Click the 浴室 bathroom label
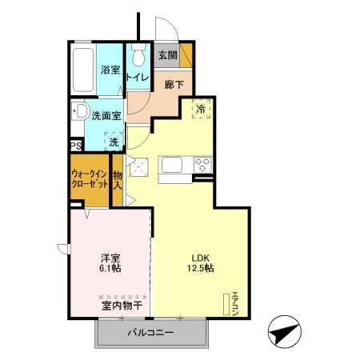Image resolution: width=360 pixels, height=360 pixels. pyautogui.click(x=110, y=70)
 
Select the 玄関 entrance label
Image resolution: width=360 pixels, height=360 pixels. pyautogui.click(x=166, y=55)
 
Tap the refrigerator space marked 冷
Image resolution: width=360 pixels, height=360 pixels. pyautogui.click(x=200, y=110)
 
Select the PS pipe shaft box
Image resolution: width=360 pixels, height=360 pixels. pyautogui.click(x=76, y=146)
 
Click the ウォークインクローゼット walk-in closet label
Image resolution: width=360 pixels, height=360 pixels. pyautogui.click(x=90, y=178)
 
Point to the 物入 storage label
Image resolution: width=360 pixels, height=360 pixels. pyautogui.click(x=118, y=179)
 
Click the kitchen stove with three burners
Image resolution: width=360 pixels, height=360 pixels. pyautogui.click(x=202, y=166)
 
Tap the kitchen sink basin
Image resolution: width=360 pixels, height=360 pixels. pyautogui.click(x=174, y=166)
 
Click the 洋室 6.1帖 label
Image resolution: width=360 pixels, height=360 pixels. pyautogui.click(x=110, y=262)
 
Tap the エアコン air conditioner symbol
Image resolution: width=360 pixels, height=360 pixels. pyautogui.click(x=226, y=302)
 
